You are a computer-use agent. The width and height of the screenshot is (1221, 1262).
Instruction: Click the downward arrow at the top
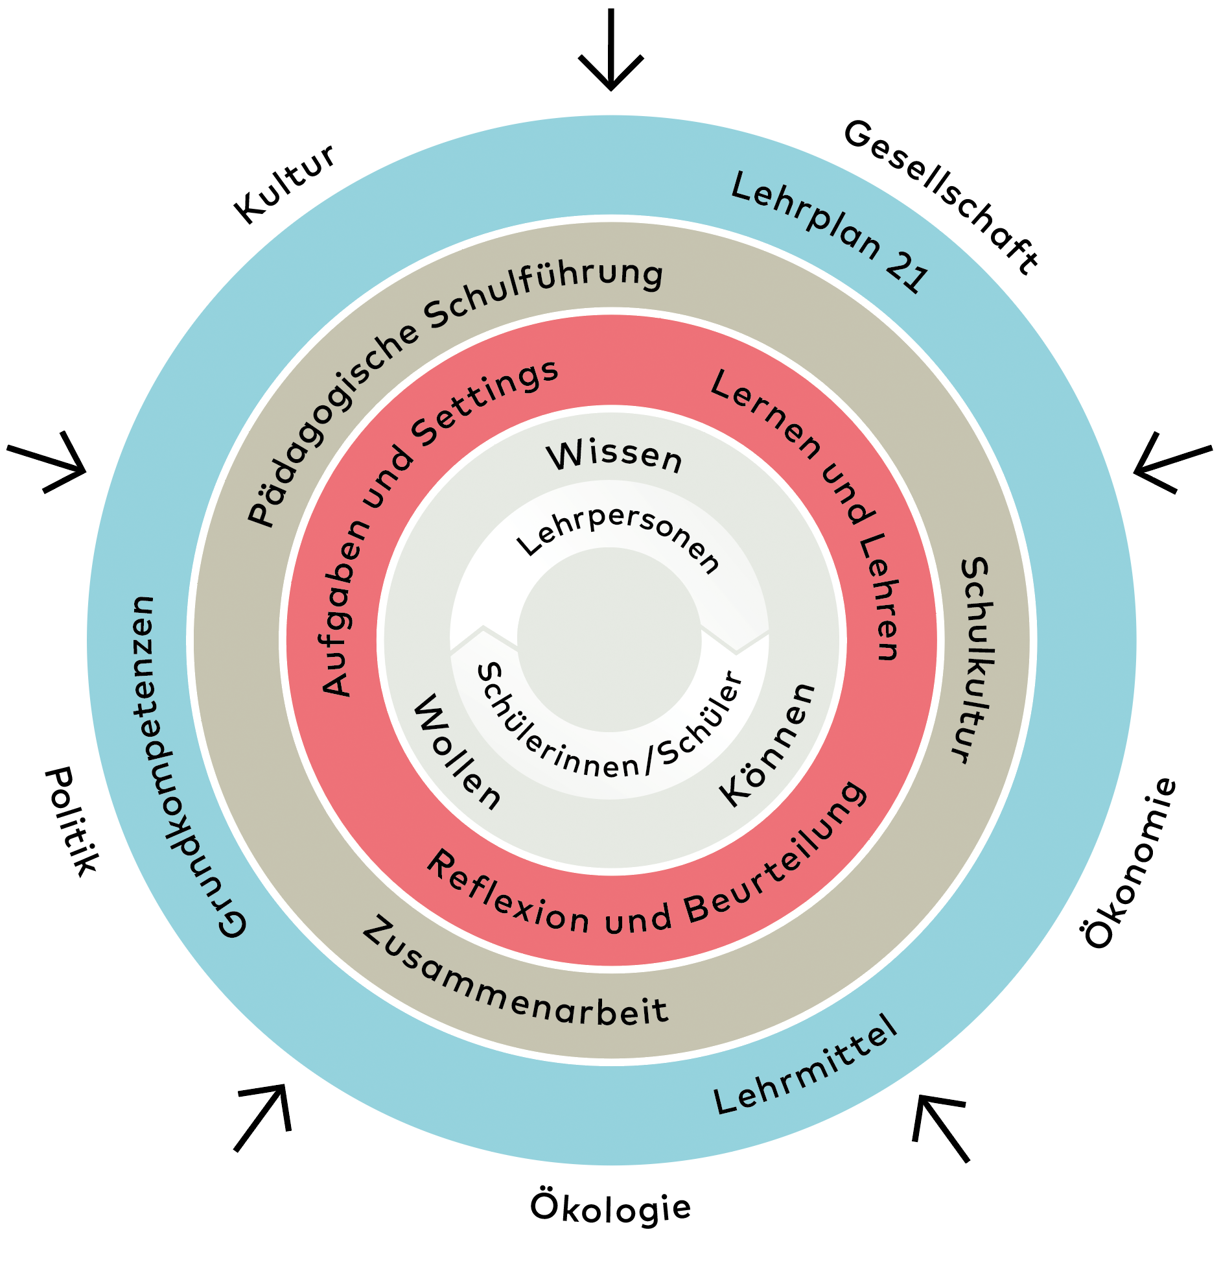[x=610, y=52]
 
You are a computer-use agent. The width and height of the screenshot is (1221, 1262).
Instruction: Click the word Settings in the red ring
[x=486, y=403]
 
